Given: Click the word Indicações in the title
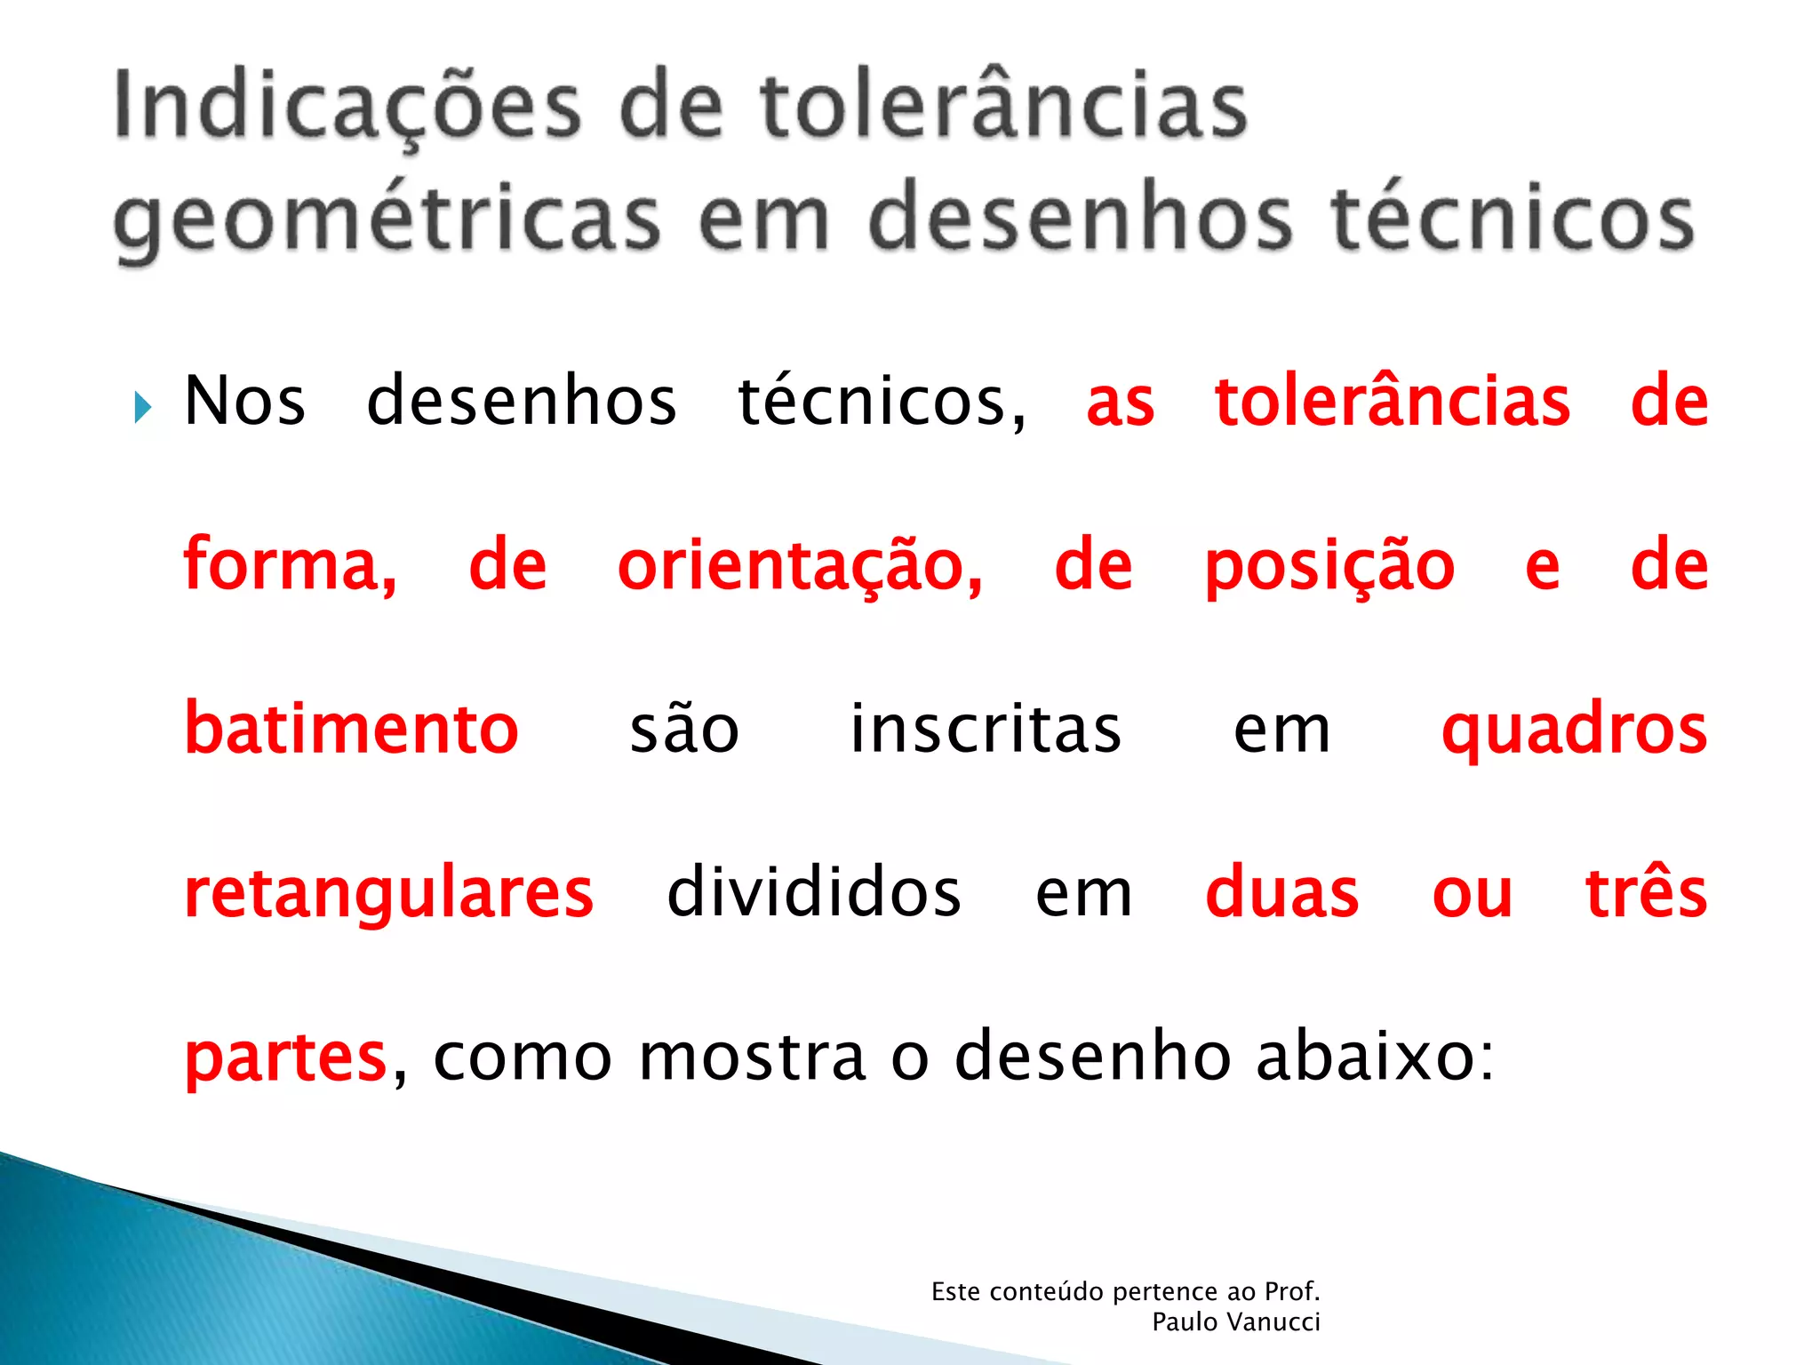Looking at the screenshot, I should pyautogui.click(x=347, y=107).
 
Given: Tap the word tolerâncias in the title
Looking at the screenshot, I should pyautogui.click(x=1003, y=107).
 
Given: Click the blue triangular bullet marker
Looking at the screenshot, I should pyautogui.click(x=142, y=408).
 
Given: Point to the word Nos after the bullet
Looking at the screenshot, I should pyautogui.click(x=244, y=402).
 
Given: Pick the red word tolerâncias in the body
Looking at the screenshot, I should pyautogui.click(x=1392, y=402).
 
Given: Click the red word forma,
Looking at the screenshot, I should pyautogui.click(x=290, y=566).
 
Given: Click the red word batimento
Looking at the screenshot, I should pyautogui.click(x=351, y=729).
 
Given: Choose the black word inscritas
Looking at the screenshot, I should pyautogui.click(x=986, y=729).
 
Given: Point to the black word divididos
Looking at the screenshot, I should pyautogui.click(x=813, y=892).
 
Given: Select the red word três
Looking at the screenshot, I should pyautogui.click(x=1646, y=892).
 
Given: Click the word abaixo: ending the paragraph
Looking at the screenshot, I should pyautogui.click(x=1375, y=1056).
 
